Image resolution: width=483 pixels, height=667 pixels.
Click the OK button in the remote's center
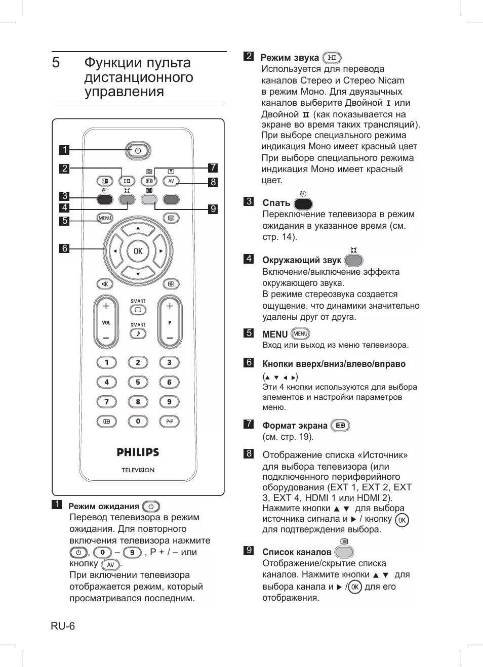138,251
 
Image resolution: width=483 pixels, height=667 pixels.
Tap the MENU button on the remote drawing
105,218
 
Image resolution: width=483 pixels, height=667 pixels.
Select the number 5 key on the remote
138,382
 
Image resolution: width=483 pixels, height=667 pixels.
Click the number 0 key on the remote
138,421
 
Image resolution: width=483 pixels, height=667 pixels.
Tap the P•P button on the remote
170,421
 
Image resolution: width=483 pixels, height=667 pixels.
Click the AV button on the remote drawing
171,181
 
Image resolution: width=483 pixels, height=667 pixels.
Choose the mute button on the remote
105,284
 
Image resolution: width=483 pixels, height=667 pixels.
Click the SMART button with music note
138,333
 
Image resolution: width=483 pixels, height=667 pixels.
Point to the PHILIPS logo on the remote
138,452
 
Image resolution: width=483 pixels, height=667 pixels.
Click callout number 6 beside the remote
64,248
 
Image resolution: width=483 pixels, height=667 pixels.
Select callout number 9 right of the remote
213,209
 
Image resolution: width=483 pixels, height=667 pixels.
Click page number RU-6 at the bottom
63,626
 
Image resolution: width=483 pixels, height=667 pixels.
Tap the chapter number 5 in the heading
56,63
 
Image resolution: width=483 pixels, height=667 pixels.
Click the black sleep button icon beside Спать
303,204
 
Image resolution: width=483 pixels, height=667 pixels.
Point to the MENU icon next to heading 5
300,334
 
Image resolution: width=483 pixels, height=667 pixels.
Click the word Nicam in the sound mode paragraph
391,80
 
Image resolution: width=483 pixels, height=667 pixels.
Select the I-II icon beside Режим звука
332,58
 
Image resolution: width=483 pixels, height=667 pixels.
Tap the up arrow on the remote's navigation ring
138,229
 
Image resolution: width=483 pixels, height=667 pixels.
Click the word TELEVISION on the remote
138,470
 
